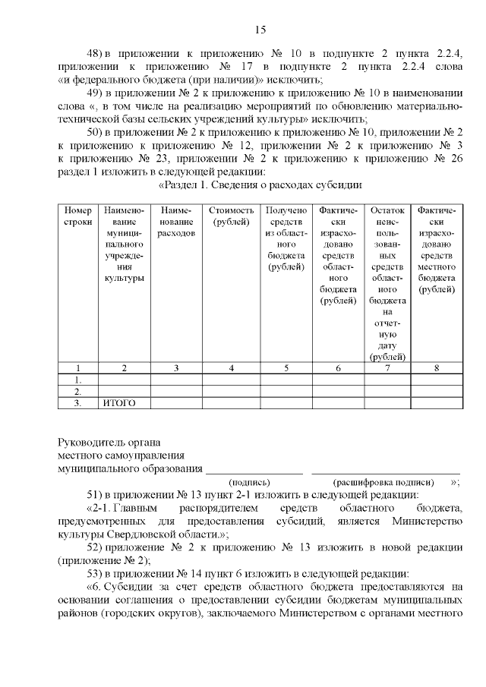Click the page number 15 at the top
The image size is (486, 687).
click(260, 30)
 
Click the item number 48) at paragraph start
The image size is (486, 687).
click(96, 54)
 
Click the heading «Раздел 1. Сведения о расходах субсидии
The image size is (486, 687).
click(259, 184)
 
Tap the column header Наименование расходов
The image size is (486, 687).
click(176, 221)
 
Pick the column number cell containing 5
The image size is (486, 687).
click(286, 368)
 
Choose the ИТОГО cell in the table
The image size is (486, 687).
click(118, 403)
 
